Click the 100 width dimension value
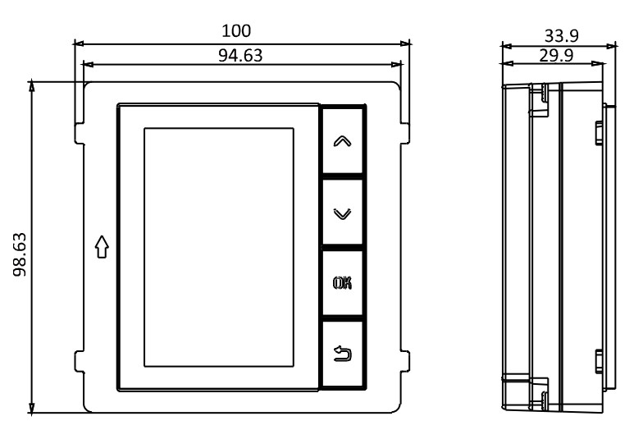pos(236,31)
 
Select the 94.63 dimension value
pos(240,56)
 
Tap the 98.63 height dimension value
pos(20,254)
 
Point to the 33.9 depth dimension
pos(561,36)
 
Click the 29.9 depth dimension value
pos(556,56)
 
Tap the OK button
pos(343,283)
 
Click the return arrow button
pos(343,354)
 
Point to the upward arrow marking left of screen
pos(102,246)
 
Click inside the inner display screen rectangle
pos(218,247)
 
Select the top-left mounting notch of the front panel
pos(80,133)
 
